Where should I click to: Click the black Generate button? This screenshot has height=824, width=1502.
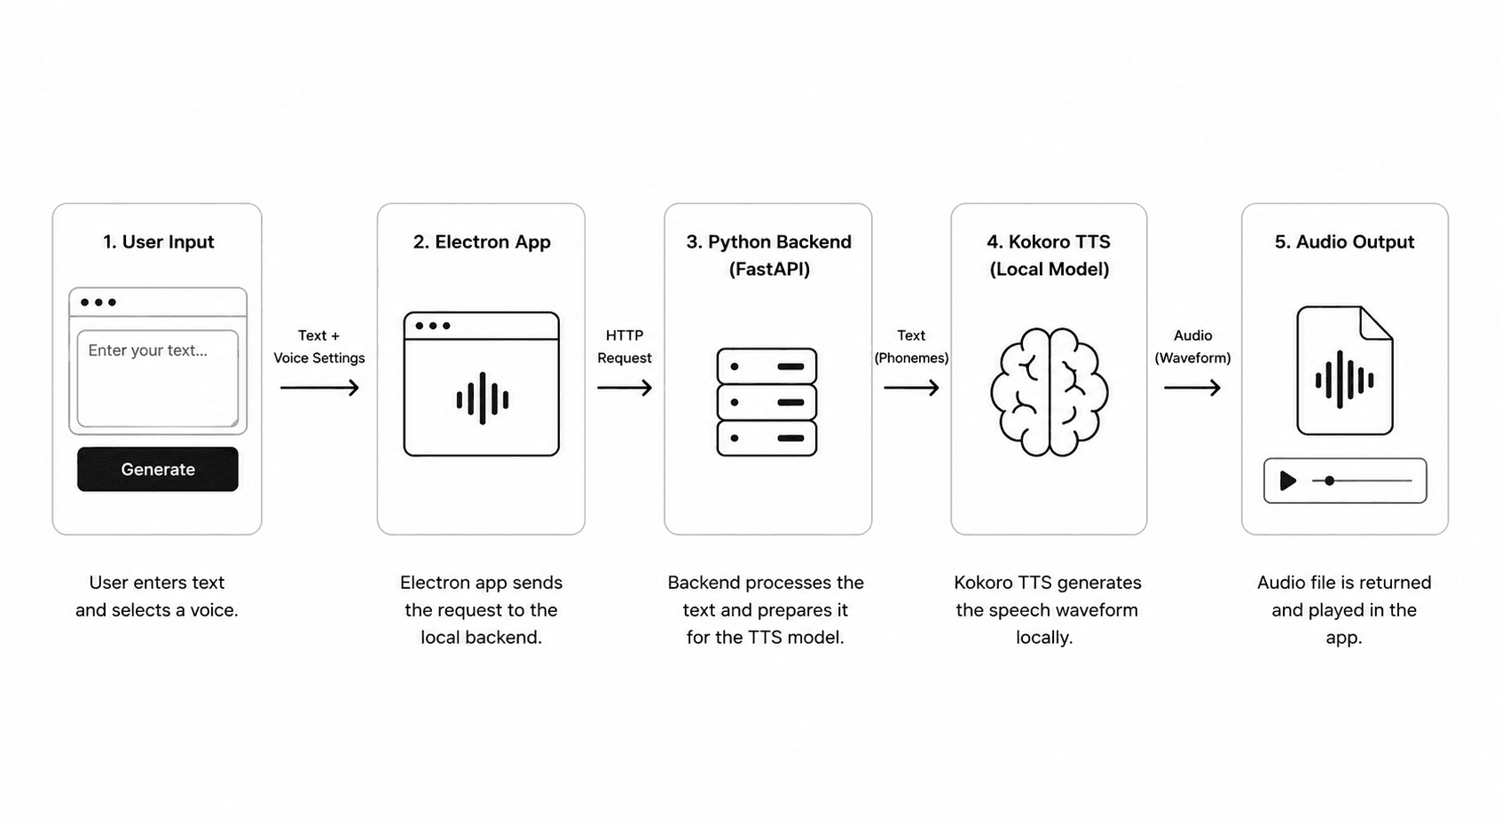pyautogui.click(x=158, y=469)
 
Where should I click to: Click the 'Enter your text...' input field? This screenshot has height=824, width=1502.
pyautogui.click(x=158, y=378)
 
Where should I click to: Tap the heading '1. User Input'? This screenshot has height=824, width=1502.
pyautogui.click(x=158, y=242)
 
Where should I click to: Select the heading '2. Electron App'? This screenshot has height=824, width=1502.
pyautogui.click(x=482, y=242)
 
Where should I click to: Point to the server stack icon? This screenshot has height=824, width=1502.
pyautogui.click(x=767, y=403)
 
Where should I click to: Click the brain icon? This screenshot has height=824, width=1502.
pyautogui.click(x=1050, y=391)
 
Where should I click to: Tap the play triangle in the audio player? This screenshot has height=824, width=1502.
pyautogui.click(x=1287, y=481)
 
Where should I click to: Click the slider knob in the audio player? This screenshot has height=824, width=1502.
pyautogui.click(x=1329, y=481)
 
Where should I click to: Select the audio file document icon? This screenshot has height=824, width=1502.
pyautogui.click(x=1345, y=371)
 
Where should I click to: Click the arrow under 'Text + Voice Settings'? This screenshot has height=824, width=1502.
pyautogui.click(x=320, y=388)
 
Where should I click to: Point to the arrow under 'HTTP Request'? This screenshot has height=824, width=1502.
pyautogui.click(x=625, y=388)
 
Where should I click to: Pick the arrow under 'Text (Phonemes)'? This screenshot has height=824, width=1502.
pyautogui.click(x=911, y=388)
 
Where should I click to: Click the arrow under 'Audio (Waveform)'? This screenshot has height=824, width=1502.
pyautogui.click(x=1192, y=388)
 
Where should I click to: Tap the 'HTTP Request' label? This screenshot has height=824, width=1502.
pyautogui.click(x=625, y=347)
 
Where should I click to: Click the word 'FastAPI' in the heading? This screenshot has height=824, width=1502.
pyautogui.click(x=769, y=270)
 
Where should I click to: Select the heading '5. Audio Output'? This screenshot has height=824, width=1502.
pyautogui.click(x=1344, y=242)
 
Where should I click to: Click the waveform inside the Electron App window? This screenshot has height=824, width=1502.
pyautogui.click(x=482, y=399)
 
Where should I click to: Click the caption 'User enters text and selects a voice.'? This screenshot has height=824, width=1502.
pyautogui.click(x=157, y=596)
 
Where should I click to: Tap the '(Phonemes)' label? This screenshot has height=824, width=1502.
pyautogui.click(x=911, y=358)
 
